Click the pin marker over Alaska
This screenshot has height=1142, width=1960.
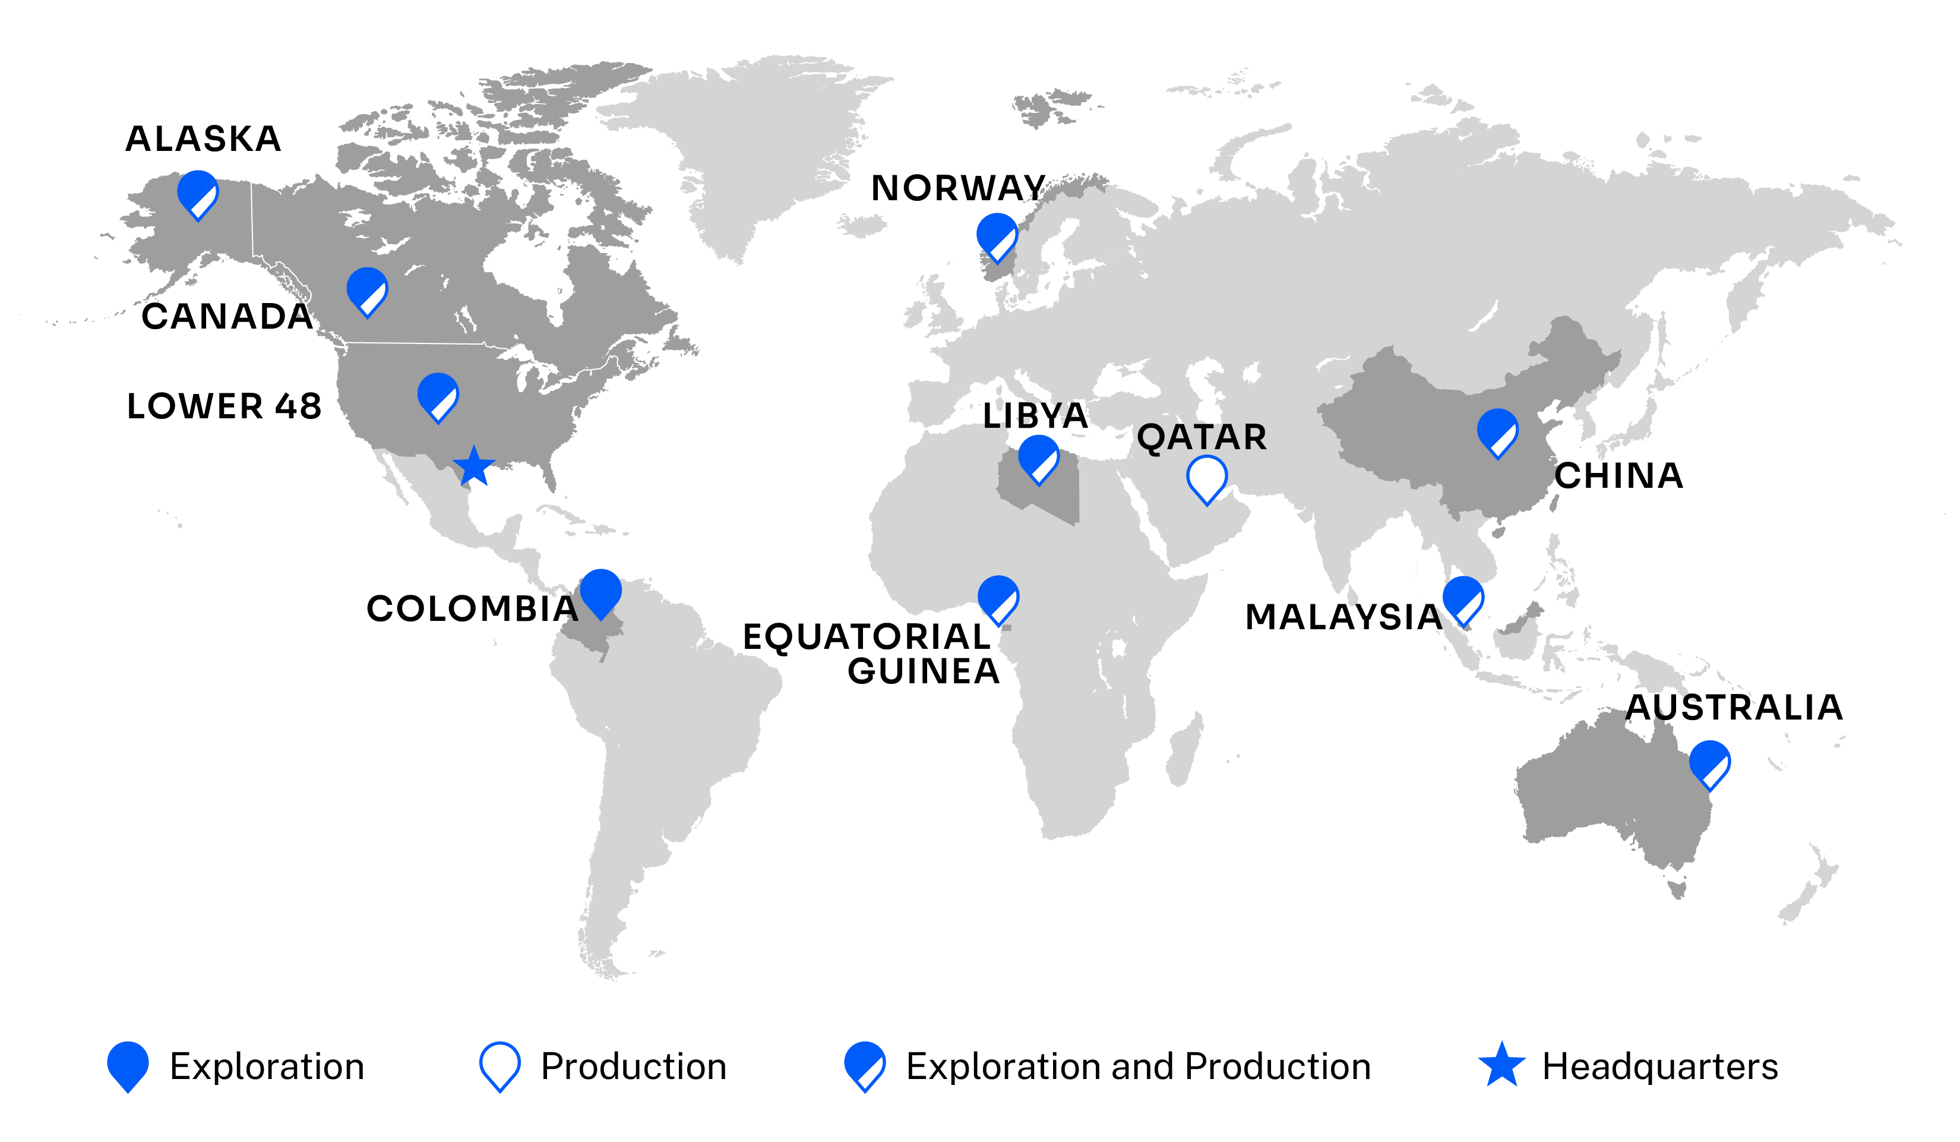(x=198, y=194)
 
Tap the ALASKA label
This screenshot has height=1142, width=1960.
(x=203, y=139)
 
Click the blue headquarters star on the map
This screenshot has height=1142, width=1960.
(x=474, y=467)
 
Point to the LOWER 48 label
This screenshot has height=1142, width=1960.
(x=224, y=406)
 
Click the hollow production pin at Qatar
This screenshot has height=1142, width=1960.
(x=1206, y=478)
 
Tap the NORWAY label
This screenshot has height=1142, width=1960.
(x=958, y=188)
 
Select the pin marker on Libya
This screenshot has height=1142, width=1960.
(x=1038, y=459)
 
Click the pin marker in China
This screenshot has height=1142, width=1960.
(x=1497, y=433)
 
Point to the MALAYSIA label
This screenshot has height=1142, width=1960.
(x=1344, y=617)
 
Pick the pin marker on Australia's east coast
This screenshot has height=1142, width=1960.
(x=1709, y=764)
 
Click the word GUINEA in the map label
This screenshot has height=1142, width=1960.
(x=923, y=671)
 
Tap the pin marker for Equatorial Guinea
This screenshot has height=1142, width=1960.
(x=998, y=599)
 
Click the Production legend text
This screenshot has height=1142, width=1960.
(x=633, y=1067)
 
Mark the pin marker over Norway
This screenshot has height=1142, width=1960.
(x=997, y=236)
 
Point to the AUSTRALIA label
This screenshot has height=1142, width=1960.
(x=1734, y=707)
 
